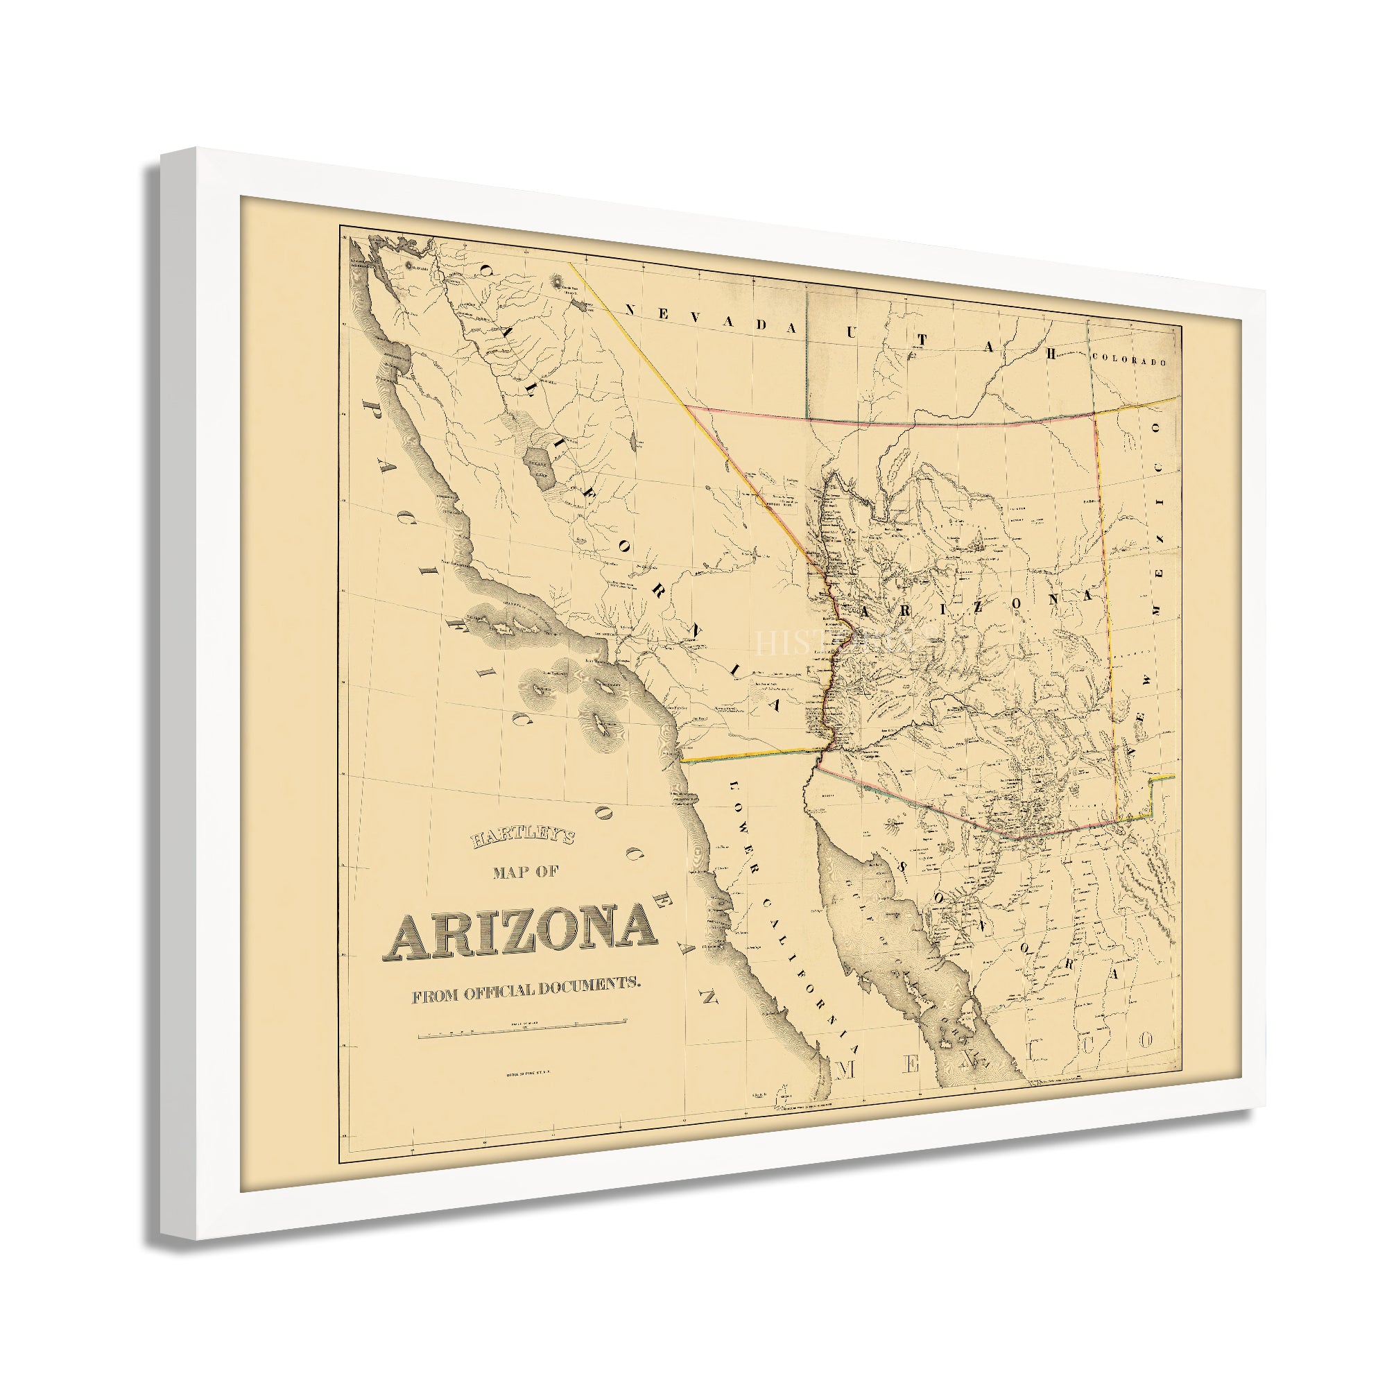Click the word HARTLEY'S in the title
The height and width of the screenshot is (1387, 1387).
pyautogui.click(x=522, y=838)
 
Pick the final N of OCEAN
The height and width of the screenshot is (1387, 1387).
pyautogui.click(x=710, y=997)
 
